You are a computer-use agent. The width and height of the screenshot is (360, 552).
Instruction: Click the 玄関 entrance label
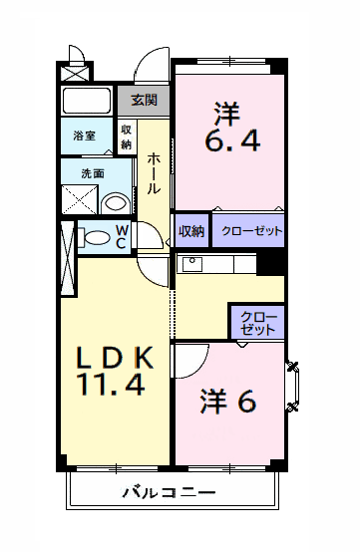tap(144, 100)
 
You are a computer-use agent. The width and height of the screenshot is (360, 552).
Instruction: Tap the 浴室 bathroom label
tap(84, 137)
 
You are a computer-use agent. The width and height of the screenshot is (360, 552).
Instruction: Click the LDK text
tap(114, 357)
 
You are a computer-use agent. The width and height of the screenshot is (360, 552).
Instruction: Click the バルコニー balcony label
tap(169, 492)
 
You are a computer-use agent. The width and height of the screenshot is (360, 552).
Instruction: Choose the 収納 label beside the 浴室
tap(127, 137)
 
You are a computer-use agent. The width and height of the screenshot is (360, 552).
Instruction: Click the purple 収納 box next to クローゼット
tap(191, 231)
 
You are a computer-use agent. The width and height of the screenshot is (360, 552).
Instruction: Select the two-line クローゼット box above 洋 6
tap(258, 322)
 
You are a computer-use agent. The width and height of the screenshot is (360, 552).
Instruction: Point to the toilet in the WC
tap(97, 238)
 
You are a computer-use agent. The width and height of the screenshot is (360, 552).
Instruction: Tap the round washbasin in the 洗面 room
tap(116, 203)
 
